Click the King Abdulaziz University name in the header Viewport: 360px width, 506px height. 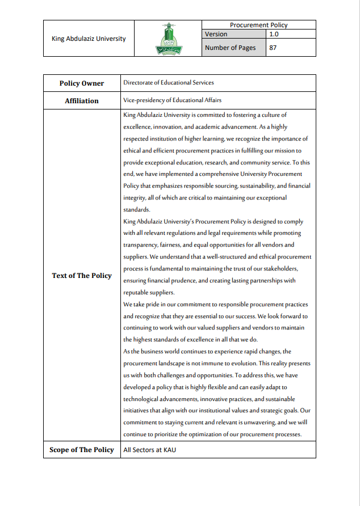[89, 39]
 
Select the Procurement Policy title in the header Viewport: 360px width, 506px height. [258, 25]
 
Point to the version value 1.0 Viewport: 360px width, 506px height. [274, 34]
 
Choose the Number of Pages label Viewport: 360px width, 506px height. [230, 48]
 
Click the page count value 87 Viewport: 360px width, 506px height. [273, 48]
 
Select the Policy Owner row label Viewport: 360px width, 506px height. [82, 83]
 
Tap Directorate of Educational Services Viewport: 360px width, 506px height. [168, 83]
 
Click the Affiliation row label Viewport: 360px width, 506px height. [82, 101]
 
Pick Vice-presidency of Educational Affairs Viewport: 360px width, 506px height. [172, 100]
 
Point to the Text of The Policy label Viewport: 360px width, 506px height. [82, 276]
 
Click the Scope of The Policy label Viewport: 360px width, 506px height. [82, 450]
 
